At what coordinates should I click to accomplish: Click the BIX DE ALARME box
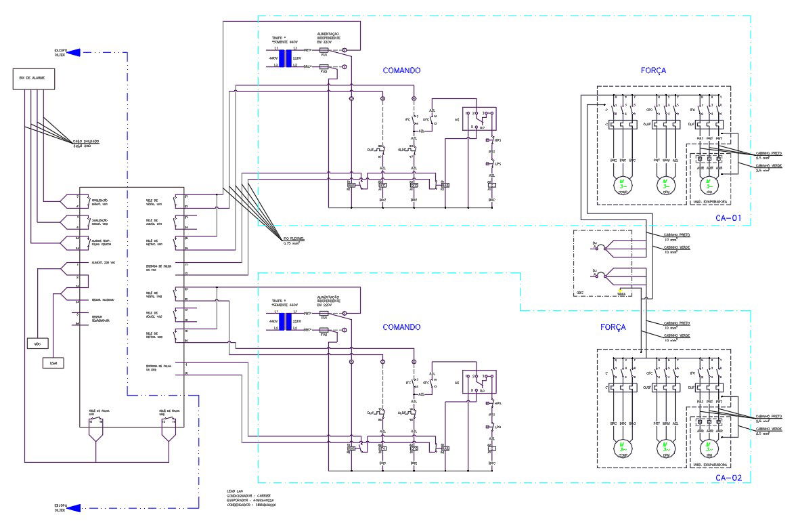[x=32, y=80]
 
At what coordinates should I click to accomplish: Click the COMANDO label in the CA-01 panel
[x=401, y=70]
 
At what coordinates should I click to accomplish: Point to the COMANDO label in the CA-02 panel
[x=401, y=327]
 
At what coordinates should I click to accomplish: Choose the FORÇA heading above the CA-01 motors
[x=653, y=70]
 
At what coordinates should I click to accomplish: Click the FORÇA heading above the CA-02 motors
[x=613, y=327]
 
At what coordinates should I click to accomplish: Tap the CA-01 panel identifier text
[x=729, y=218]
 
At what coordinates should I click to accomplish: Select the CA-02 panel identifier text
[x=729, y=478]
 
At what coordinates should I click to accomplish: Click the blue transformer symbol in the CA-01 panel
[x=285, y=58]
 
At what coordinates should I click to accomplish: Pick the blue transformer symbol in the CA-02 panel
[x=285, y=320]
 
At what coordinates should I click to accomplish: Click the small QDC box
[x=37, y=344]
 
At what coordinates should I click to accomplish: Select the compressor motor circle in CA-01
[x=622, y=184]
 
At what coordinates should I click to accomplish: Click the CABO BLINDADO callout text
[x=87, y=142]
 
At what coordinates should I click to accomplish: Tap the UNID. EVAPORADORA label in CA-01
[x=710, y=202]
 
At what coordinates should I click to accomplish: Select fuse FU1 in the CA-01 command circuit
[x=324, y=51]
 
